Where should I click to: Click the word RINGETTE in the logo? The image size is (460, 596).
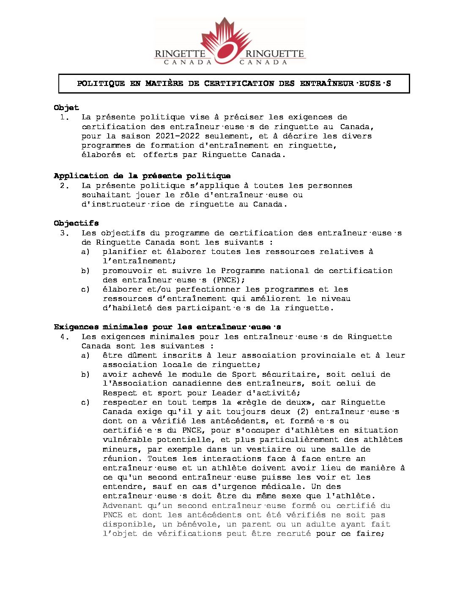click(180, 54)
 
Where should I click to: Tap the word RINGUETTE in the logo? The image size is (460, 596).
click(274, 54)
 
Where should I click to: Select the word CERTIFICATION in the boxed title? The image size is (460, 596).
click(239, 83)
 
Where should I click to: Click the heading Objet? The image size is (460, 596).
click(66, 108)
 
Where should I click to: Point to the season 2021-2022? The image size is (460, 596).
click(178, 136)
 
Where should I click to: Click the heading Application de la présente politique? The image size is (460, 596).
click(142, 176)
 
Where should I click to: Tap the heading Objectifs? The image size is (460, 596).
click(76, 223)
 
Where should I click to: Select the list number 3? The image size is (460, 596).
click(63, 233)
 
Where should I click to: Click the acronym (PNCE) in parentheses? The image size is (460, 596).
click(228, 280)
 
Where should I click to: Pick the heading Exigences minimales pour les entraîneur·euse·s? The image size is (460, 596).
click(167, 327)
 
